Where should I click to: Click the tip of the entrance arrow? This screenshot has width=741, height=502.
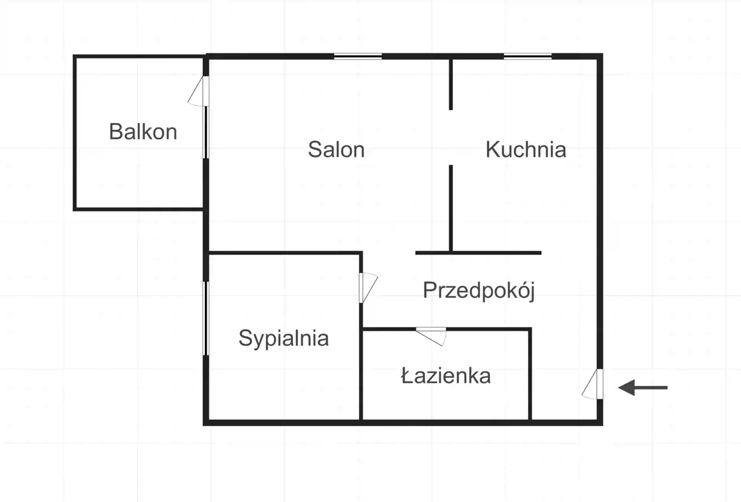tap(619, 387)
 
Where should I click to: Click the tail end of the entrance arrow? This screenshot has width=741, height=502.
tap(667, 387)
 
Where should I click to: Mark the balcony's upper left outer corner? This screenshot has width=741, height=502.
tap(73, 55)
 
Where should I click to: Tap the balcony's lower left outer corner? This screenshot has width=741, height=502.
tap(73, 210)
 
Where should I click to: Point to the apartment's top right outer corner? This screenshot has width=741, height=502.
tap(603, 53)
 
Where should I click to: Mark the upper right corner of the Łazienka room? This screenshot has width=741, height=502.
tap(531, 328)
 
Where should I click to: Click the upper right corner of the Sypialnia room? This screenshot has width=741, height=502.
tap(362, 252)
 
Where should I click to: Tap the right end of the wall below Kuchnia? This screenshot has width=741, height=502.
tap(541, 253)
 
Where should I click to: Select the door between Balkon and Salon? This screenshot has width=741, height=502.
tap(199, 91)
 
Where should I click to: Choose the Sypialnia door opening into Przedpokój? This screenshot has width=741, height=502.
tap(369, 288)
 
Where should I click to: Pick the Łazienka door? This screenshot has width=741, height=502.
tap(431, 336)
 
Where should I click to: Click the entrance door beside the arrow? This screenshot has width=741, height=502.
tap(592, 384)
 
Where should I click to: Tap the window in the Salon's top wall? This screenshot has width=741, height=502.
tap(358, 56)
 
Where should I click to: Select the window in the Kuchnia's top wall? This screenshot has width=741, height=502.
tap(527, 56)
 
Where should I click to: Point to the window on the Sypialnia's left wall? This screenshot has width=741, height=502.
tap(206, 318)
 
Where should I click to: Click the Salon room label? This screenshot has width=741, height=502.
tap(336, 150)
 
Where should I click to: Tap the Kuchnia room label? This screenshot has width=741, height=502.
tap(526, 150)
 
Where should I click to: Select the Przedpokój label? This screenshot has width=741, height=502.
tap(479, 291)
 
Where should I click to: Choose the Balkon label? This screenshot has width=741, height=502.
tap(143, 132)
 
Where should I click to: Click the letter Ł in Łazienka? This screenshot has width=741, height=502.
tap(406, 376)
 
